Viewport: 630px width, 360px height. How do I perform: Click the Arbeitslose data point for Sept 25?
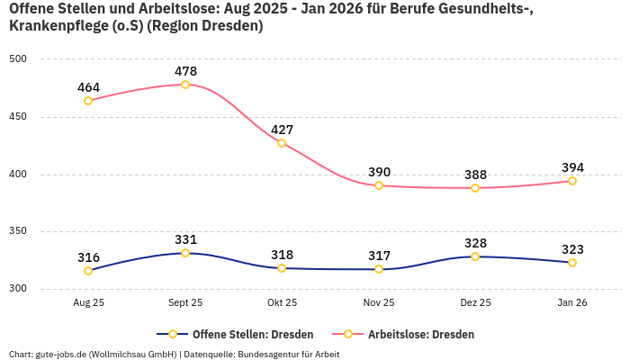click(x=185, y=85)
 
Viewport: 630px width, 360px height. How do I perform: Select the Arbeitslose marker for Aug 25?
click(x=88, y=101)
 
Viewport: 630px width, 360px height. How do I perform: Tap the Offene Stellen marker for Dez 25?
click(x=475, y=256)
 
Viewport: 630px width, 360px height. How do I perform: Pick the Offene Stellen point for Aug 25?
click(x=88, y=271)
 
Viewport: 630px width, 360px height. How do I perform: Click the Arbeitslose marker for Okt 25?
click(x=282, y=143)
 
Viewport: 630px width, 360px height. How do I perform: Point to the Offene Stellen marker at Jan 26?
click(x=572, y=263)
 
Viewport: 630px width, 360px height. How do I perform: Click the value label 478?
click(x=185, y=71)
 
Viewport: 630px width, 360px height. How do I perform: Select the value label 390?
click(x=379, y=172)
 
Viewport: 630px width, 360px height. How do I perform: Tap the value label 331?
click(x=185, y=239)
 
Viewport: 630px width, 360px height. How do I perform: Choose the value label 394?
click(x=572, y=167)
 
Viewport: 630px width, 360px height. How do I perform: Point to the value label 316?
click(x=88, y=257)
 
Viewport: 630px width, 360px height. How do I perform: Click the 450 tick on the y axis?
click(x=19, y=117)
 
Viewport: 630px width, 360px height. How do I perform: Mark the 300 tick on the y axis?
click(x=19, y=289)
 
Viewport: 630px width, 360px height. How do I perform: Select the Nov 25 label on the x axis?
click(x=379, y=303)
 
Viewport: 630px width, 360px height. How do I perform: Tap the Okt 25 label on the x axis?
click(x=282, y=303)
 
